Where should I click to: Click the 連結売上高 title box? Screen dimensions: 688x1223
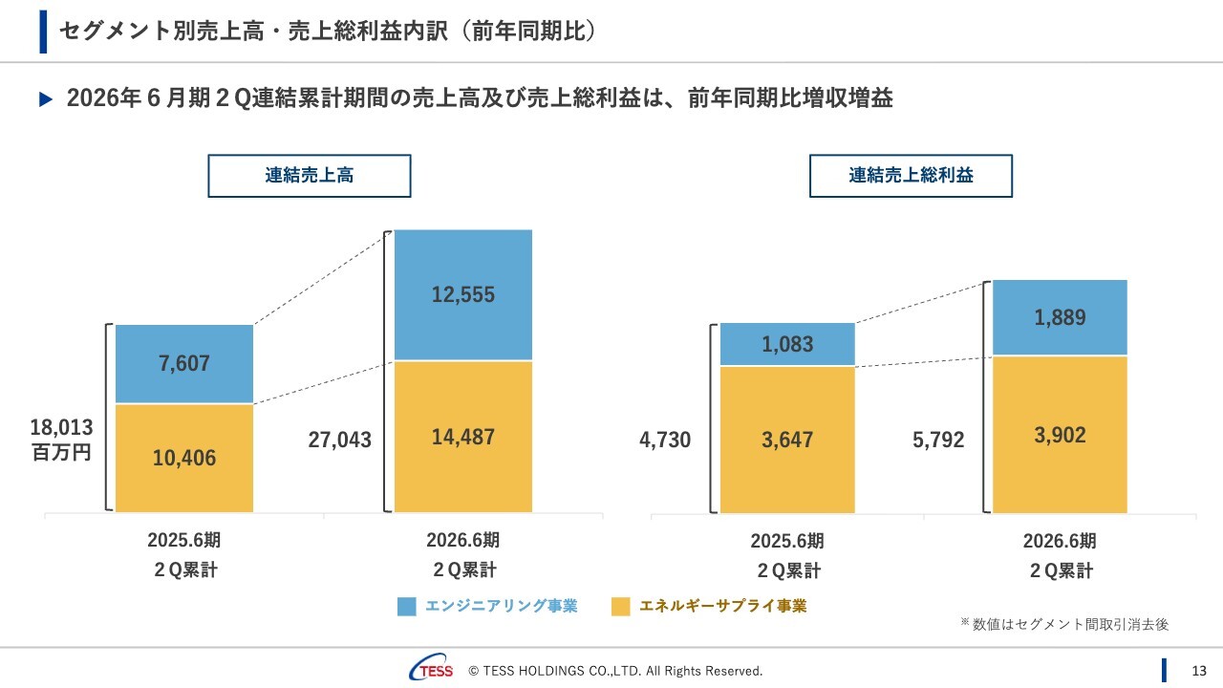(x=310, y=176)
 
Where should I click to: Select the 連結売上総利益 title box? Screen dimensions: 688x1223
(x=911, y=176)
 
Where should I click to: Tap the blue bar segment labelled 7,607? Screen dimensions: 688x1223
(x=184, y=364)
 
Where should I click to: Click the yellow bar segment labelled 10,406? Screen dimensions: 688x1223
(x=184, y=458)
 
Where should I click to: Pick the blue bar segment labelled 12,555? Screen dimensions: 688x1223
(x=463, y=294)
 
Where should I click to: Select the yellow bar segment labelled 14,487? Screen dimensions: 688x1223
(x=463, y=437)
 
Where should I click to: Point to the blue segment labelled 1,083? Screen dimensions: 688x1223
(x=787, y=344)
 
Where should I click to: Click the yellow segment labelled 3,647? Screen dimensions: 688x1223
(x=787, y=440)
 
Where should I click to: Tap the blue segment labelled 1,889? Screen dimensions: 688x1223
(x=1060, y=317)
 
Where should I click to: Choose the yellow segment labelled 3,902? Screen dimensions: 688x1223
(x=1060, y=435)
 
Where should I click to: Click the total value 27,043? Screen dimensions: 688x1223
(x=339, y=440)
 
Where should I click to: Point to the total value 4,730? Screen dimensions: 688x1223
(x=665, y=440)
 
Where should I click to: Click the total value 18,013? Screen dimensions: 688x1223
(x=61, y=429)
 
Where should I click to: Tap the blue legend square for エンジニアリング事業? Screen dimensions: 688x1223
(x=407, y=606)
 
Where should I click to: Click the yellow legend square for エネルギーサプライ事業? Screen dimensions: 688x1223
(x=621, y=606)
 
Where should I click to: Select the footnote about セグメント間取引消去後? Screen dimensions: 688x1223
(x=1064, y=624)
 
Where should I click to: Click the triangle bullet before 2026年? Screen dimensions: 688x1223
(x=45, y=99)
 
